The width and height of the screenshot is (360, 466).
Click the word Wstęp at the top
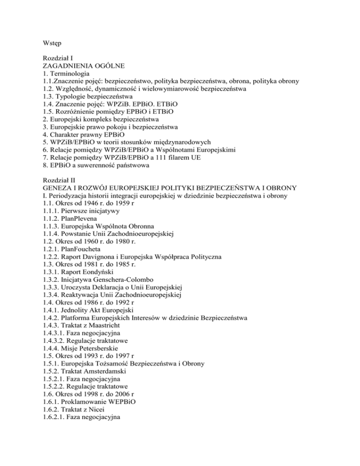[x=53, y=46]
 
